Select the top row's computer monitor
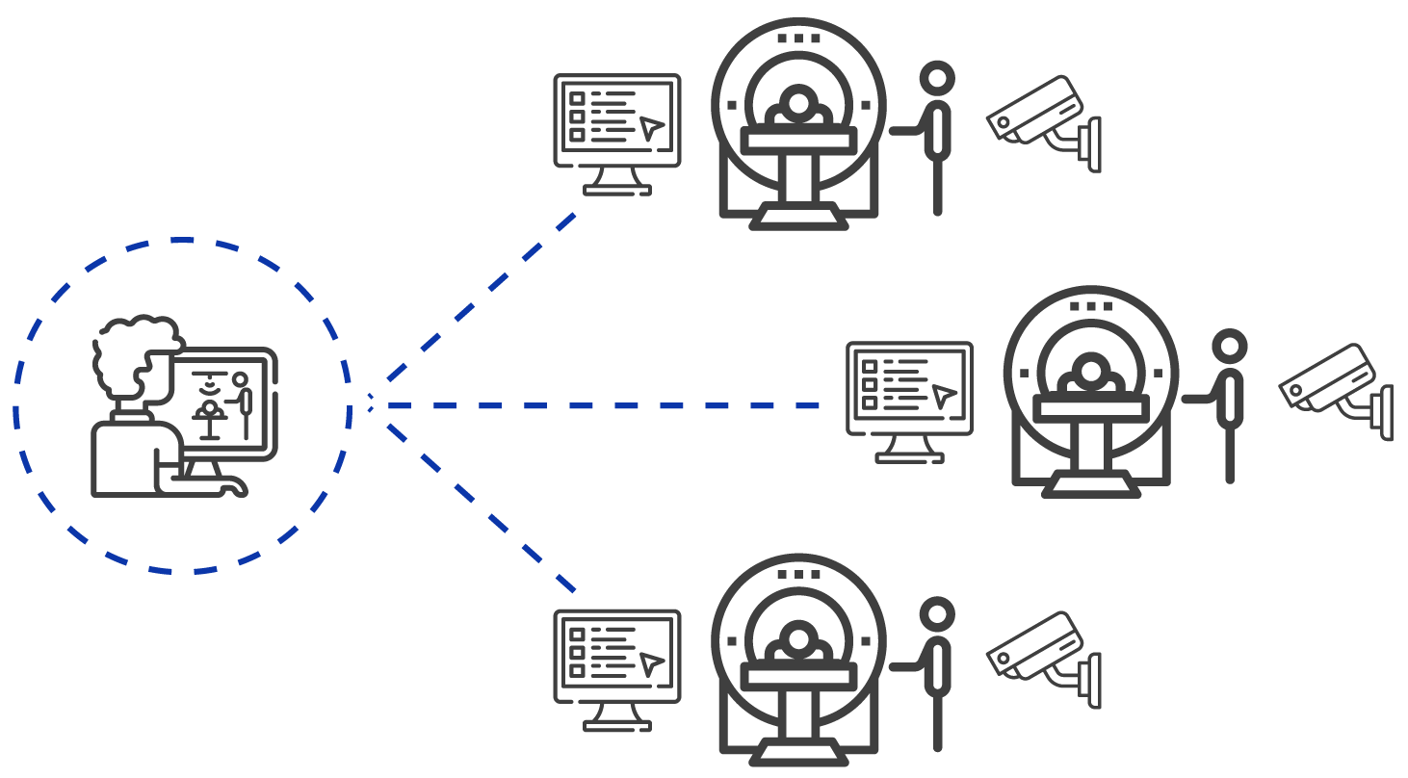(617, 121)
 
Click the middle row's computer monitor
(910, 389)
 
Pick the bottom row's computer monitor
(617, 657)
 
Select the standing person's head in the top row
(936, 78)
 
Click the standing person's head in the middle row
(1229, 346)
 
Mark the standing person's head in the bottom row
(936, 613)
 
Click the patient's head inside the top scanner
(797, 102)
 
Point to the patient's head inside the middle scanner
(1090, 370)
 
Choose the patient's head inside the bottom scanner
(797, 637)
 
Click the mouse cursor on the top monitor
(653, 128)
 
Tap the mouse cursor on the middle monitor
(945, 396)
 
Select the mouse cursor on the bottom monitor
(653, 663)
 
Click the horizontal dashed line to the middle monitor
(597, 406)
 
